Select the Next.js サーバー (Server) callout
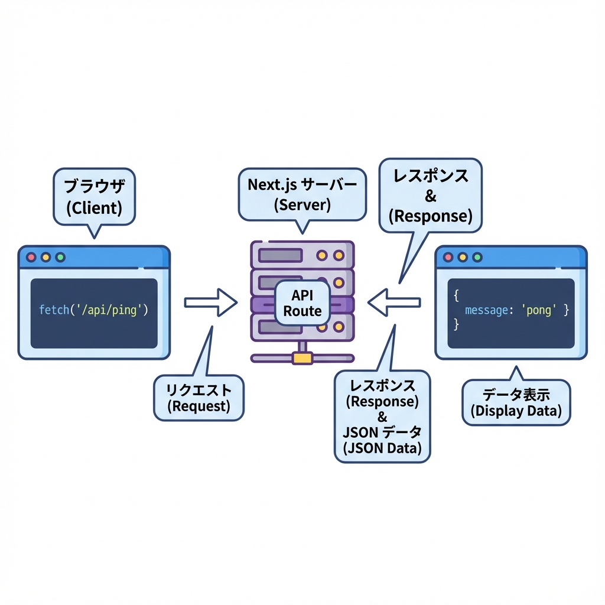(302, 193)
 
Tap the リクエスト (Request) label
(198, 397)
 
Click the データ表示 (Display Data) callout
(516, 402)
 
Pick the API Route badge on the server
(302, 303)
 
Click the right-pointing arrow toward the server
(211, 302)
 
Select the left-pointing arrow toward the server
(394, 302)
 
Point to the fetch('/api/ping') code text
(93, 310)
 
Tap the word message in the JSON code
(486, 310)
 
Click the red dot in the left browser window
(31, 258)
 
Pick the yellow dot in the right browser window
(463, 258)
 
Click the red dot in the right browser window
(448, 258)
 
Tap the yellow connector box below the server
(302, 357)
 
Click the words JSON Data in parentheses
(382, 448)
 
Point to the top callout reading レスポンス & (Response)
(430, 195)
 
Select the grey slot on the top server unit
(281, 256)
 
